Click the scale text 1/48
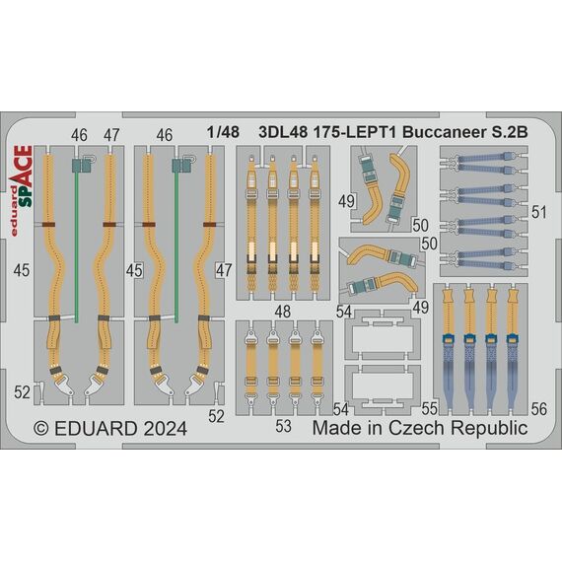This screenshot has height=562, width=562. point(223,132)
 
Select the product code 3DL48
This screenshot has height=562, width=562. point(283,133)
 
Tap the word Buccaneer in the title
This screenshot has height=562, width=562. point(443,133)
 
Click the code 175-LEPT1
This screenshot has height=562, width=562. point(355,133)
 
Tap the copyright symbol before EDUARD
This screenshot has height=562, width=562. point(41,428)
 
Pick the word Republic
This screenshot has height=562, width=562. point(489,428)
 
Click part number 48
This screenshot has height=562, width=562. point(282,312)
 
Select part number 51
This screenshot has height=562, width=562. point(538,213)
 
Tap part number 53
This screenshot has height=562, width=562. point(283,427)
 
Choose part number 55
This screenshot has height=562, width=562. point(430,409)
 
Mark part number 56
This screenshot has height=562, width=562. point(539,409)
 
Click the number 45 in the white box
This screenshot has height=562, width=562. point(134,270)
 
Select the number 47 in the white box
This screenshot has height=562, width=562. point(224,270)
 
